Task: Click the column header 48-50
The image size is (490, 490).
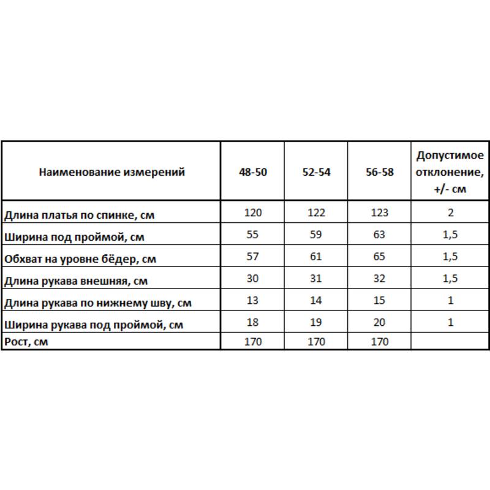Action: click(x=253, y=172)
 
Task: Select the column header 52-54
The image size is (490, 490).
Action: click(x=316, y=172)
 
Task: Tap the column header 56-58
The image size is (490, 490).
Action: click(x=379, y=172)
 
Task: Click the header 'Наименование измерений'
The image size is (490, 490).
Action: click(x=111, y=172)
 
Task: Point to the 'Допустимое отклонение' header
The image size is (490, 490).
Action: click(x=450, y=171)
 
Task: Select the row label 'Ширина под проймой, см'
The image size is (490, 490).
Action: click(x=74, y=236)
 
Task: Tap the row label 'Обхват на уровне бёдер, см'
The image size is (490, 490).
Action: click(x=80, y=258)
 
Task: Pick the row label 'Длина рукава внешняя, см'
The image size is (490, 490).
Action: click(x=75, y=281)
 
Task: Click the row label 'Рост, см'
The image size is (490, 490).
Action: click(x=26, y=342)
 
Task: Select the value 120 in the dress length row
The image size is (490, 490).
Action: click(x=253, y=213)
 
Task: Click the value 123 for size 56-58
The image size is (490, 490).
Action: click(x=379, y=213)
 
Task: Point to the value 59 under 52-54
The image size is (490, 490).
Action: click(x=316, y=235)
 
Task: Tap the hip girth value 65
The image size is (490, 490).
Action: click(x=379, y=257)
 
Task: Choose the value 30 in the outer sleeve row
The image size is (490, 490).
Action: click(x=253, y=279)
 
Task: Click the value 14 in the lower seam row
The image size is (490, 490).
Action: click(x=316, y=301)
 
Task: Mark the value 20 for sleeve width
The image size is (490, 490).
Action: click(x=379, y=323)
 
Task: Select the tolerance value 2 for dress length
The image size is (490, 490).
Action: click(x=450, y=213)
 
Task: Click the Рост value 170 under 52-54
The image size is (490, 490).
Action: click(x=316, y=342)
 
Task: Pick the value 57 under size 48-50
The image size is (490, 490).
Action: click(x=253, y=257)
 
